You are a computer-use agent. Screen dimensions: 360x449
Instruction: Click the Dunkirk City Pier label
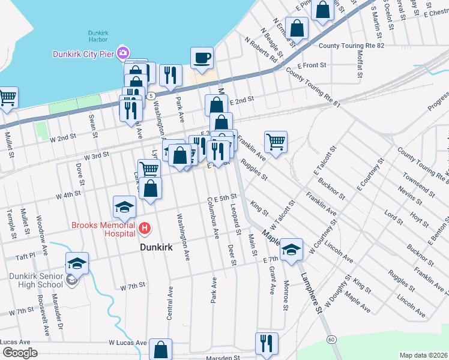tap(84, 53)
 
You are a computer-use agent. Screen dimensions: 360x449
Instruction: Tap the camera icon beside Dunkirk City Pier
tap(124, 53)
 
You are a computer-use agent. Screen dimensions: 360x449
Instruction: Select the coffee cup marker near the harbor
tap(202, 58)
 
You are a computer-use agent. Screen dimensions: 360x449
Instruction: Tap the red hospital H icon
tap(144, 228)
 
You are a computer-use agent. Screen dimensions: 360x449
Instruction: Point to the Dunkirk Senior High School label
tap(36, 280)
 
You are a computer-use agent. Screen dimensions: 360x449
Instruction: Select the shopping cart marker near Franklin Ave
tap(276, 142)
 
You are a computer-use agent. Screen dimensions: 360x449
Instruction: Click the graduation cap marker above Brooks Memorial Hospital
tap(124, 207)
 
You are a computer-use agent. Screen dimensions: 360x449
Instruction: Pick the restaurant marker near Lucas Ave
tap(267, 343)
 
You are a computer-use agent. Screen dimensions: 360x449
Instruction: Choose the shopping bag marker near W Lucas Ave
tap(161, 349)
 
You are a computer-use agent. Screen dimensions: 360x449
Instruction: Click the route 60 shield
tap(331, 340)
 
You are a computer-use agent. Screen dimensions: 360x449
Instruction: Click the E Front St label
tap(311, 65)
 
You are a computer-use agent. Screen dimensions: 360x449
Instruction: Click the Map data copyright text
tap(424, 355)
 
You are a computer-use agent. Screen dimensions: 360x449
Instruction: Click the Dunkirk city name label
tap(160, 246)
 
